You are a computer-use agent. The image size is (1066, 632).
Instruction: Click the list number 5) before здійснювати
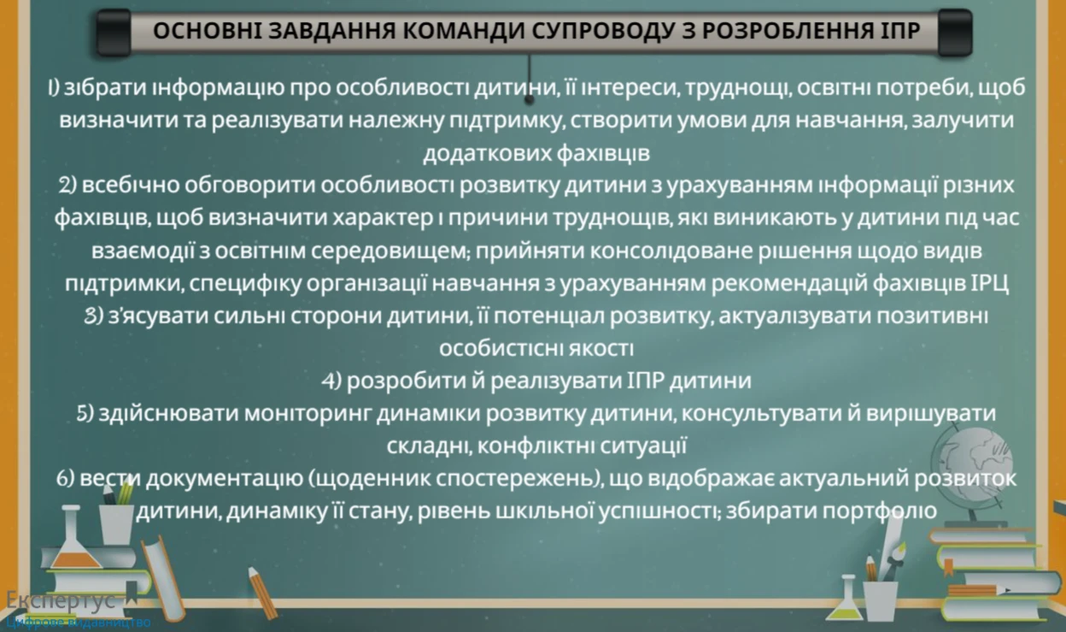point(85,413)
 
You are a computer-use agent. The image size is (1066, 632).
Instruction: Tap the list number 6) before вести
point(67,479)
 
